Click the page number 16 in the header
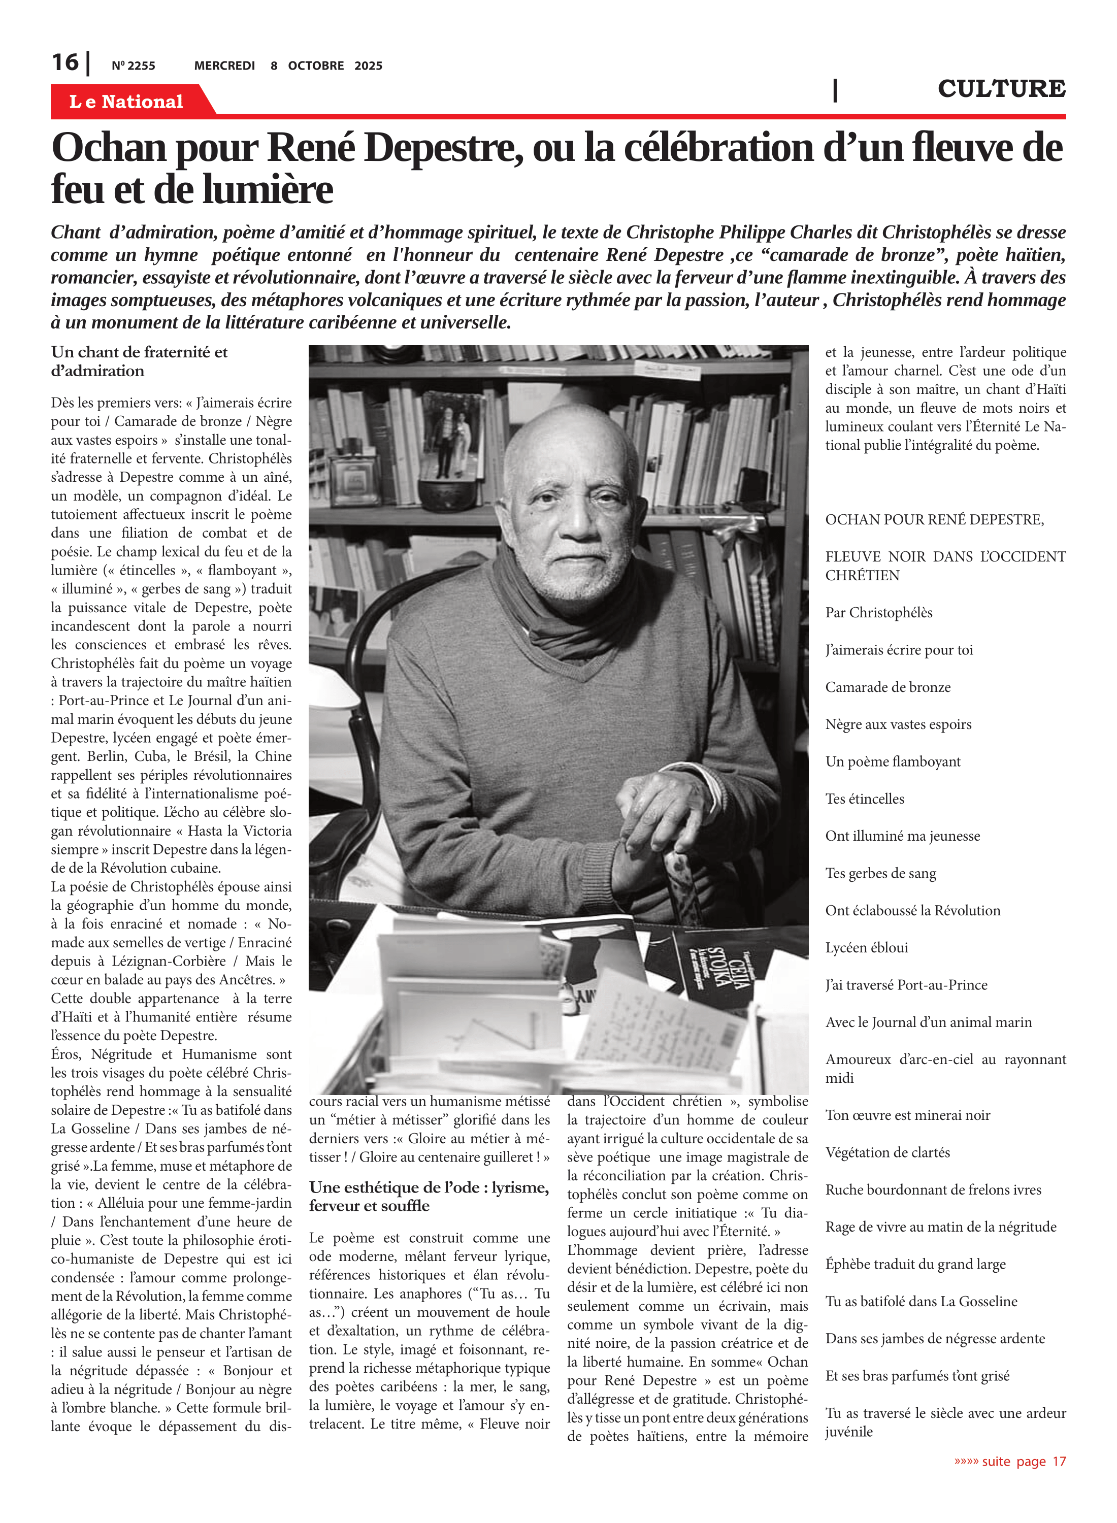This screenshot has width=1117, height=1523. (x=65, y=63)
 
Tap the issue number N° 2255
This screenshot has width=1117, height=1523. (x=133, y=65)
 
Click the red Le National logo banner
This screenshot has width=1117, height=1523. (x=126, y=102)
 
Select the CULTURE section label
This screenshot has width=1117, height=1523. (x=1001, y=88)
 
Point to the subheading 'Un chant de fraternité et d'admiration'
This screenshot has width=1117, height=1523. (x=139, y=361)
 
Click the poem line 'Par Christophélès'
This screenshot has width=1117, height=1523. (x=878, y=612)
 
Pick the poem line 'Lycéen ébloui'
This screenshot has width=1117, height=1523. (x=866, y=947)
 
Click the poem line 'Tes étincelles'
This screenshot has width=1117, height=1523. (x=864, y=799)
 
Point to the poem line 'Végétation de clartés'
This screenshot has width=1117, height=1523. (x=887, y=1152)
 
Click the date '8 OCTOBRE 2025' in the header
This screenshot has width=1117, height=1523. (x=326, y=65)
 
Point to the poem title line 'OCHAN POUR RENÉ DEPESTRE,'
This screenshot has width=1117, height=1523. (x=934, y=519)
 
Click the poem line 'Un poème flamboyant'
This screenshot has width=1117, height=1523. (x=893, y=761)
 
